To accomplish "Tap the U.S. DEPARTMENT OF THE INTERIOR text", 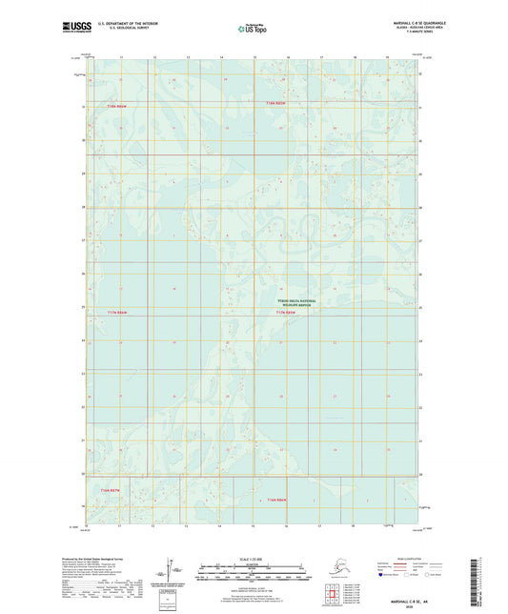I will pos(133,22).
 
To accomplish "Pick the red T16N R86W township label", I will pos(277,500).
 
